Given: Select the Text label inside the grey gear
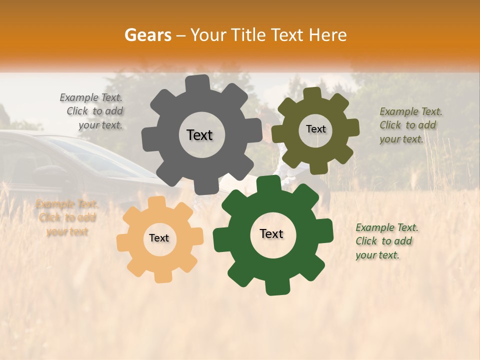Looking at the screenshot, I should tap(199, 135).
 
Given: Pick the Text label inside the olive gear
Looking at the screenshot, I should tap(315, 129).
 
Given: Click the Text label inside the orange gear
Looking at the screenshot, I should tap(159, 238).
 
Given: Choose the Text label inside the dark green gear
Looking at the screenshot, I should tap(271, 233).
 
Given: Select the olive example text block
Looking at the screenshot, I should tap(410, 125).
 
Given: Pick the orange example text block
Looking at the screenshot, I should tap(67, 218).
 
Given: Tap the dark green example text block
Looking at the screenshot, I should tap(386, 241).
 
